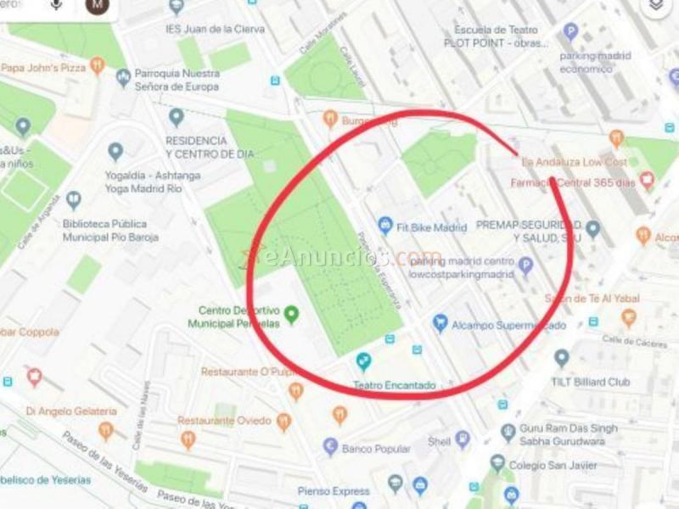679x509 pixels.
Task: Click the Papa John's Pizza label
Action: click(x=42, y=67)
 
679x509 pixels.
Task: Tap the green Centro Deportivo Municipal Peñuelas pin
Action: click(x=292, y=315)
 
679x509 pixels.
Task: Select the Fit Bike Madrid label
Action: click(x=432, y=227)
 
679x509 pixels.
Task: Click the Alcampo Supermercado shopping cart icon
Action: click(x=440, y=323)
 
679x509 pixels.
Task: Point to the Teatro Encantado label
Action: click(x=394, y=385)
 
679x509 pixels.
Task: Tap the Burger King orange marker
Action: click(x=330, y=120)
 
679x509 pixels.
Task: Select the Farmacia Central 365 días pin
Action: click(x=647, y=181)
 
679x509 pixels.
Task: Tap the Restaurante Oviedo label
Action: click(x=224, y=421)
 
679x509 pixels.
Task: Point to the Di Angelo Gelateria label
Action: click(x=59, y=411)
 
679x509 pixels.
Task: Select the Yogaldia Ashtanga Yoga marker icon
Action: click(x=115, y=152)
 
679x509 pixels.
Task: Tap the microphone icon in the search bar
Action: click(x=57, y=5)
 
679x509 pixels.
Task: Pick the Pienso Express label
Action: click(x=334, y=491)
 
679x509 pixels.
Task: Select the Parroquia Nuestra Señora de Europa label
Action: click(x=178, y=80)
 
